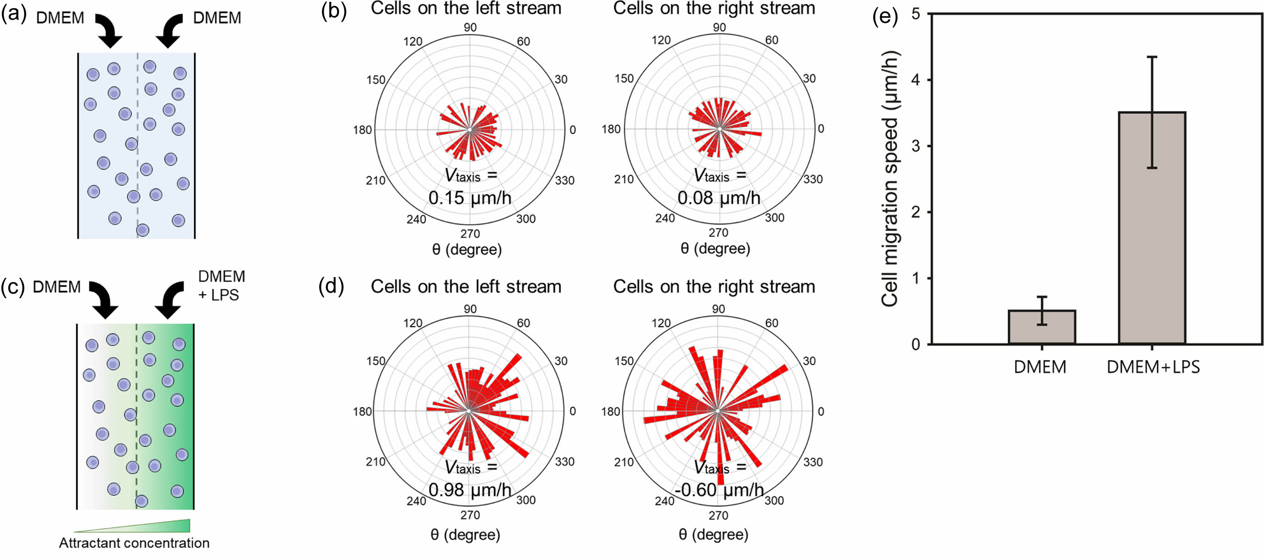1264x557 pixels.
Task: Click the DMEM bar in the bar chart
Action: coord(1042,327)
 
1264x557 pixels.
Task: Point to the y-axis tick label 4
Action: coord(915,79)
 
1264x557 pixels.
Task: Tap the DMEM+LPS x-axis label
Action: coord(1153,367)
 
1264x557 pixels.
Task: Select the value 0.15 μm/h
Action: coord(470,198)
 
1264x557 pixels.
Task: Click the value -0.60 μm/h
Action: coord(718,489)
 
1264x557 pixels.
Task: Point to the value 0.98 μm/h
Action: coord(470,489)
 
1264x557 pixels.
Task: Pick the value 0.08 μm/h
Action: coord(718,198)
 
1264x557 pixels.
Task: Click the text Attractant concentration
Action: coord(134,543)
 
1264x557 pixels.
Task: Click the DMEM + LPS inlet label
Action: coord(221,286)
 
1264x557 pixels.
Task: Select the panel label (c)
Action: coord(13,287)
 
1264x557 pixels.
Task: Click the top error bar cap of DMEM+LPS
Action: coord(1152,57)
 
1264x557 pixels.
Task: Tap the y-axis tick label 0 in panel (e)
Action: coord(915,345)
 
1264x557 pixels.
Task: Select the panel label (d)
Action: coord(331,286)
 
